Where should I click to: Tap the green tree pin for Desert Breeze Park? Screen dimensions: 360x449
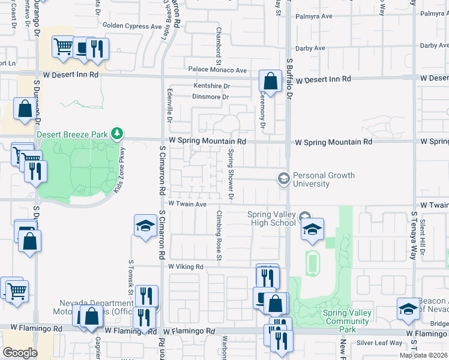coord(119,133)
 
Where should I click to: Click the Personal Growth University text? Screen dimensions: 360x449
coord(324,179)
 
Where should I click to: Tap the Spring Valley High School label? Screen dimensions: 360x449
coord(272,218)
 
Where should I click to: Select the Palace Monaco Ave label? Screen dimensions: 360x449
coord(217,70)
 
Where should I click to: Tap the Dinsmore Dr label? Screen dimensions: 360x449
coord(210,97)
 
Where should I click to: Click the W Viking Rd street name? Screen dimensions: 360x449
coord(186,266)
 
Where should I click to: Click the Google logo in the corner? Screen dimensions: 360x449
coord(20,353)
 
